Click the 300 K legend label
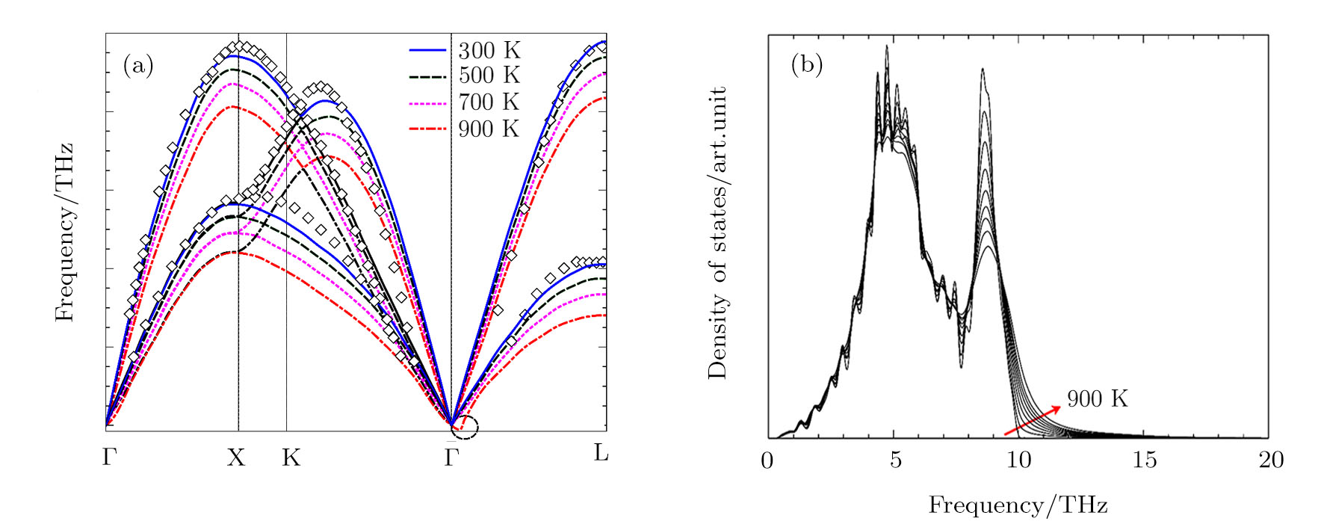[489, 51]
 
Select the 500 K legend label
[489, 76]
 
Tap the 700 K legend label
[489, 102]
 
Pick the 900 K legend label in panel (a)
[489, 129]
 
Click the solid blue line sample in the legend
[427, 51]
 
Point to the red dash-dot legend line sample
[427, 129]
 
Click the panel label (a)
[138, 66]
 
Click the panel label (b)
[807, 66]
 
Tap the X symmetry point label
[236, 457]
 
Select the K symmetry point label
[291, 457]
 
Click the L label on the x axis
[601, 453]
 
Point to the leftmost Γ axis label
[110, 457]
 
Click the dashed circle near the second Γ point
[465, 427]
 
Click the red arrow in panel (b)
[1032, 420]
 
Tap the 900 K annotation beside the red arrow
[1097, 399]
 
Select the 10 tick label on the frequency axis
[1019, 460]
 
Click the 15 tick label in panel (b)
[1145, 460]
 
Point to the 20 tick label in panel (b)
[1270, 460]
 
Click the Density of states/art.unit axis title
[717, 232]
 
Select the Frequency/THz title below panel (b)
[1018, 505]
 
